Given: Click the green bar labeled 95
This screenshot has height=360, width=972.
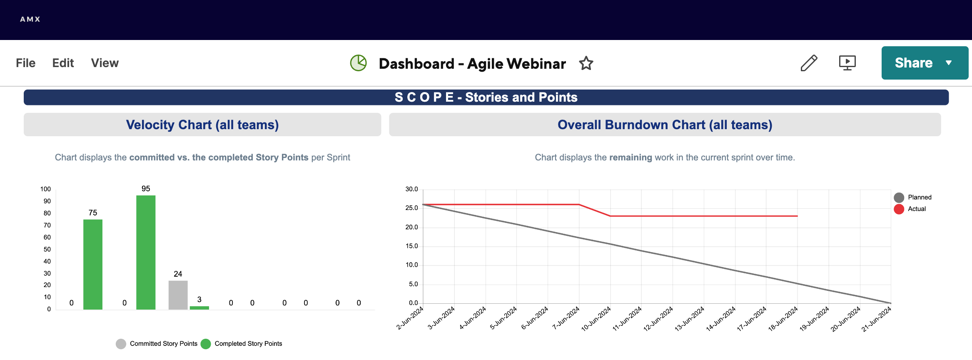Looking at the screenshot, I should coord(146,252).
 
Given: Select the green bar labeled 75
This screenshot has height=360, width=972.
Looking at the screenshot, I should coord(93,264).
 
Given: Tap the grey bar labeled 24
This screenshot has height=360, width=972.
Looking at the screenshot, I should coord(178,295).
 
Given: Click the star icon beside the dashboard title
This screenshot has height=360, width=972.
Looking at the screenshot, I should coord(586,63).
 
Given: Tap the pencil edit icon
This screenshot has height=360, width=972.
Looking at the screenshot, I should coord(809,63).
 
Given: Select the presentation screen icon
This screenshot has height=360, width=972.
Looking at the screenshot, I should coord(847,63).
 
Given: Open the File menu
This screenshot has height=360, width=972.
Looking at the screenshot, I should coord(25,63).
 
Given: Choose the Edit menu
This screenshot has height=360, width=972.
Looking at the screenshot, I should coord(63,63).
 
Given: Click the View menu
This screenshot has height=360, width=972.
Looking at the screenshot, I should coord(105,63).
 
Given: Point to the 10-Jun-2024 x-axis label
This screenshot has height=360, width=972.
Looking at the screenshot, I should coord(596,319).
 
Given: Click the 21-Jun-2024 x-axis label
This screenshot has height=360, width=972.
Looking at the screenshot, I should coord(877,319).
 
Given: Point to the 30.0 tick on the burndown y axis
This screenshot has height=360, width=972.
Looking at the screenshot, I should coord(411,189).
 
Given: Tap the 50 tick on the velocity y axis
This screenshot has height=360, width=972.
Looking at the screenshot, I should coord(47,249).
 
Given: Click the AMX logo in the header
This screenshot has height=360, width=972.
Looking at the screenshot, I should coord(30,19).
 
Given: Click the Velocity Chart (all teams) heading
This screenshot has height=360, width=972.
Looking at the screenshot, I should coord(202,125).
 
